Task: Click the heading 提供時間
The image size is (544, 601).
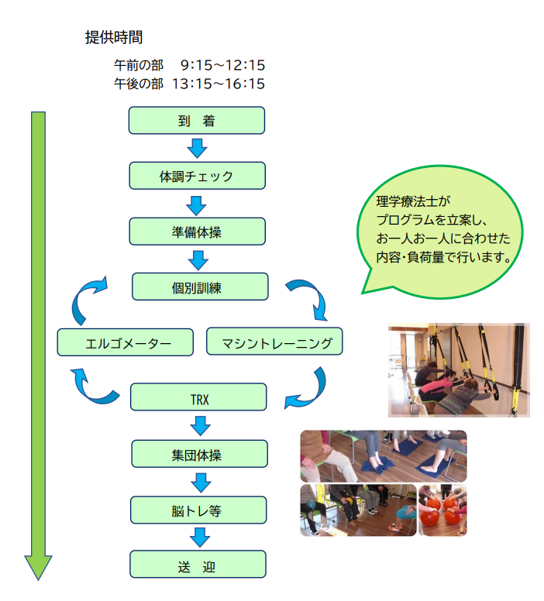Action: (113, 37)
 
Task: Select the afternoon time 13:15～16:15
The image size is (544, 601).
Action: (219, 83)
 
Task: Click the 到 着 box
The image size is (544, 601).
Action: (197, 121)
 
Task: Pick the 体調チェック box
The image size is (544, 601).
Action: (197, 176)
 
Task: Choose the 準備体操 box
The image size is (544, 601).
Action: (197, 231)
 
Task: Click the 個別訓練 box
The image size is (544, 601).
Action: (199, 286)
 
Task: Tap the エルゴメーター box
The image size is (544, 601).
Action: (125, 342)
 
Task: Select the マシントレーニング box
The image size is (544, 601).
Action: (274, 342)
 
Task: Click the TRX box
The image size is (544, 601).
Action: (198, 397)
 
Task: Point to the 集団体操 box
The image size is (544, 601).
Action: (199, 454)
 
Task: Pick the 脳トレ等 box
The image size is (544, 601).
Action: (199, 510)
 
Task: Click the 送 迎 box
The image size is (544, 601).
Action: (198, 565)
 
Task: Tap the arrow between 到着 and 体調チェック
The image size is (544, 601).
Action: (198, 148)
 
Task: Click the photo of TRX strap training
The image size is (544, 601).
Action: (458, 369)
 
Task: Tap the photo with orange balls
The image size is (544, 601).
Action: (442, 510)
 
